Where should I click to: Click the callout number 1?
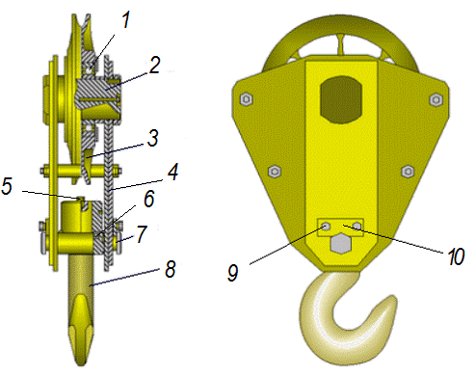point(126,20)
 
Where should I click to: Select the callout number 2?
point(154,66)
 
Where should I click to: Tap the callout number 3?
point(153,138)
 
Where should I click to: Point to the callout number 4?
point(172,172)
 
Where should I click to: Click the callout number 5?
point(7,186)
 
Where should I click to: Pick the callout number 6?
point(149,199)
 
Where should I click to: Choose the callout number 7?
point(142,233)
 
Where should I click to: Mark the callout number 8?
point(170,269)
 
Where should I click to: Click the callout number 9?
point(233,273)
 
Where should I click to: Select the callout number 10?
point(456,256)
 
